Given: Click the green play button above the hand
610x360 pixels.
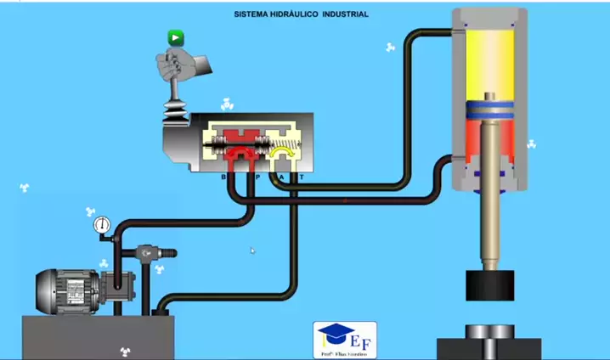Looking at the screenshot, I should coord(175,37).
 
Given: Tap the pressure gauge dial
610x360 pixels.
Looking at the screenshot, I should coord(103,225).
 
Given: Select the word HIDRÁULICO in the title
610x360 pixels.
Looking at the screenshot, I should coord(289,14).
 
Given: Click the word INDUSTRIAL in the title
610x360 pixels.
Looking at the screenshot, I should coord(345,14).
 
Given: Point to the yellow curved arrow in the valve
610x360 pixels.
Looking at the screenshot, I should coord(280,153).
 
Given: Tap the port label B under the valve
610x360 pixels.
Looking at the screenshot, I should coord(224,177).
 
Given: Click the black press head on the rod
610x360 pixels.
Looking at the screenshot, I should coord(490,284).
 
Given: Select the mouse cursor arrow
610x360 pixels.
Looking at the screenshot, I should coord(252,250).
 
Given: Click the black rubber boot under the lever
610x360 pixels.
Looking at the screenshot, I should coord(177,110).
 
